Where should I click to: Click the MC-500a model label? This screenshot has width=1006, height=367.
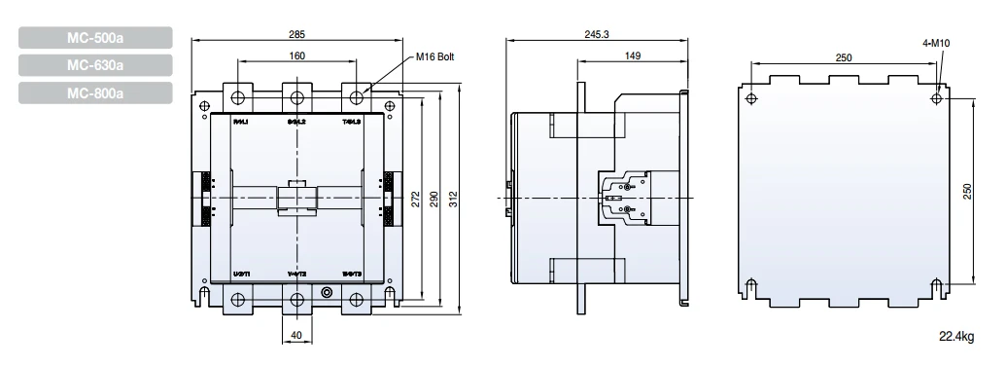[x=95, y=38]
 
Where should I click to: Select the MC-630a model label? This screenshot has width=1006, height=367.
[x=95, y=65]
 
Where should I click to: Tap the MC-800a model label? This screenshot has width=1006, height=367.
[x=95, y=92]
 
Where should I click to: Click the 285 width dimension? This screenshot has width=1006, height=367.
[x=295, y=34]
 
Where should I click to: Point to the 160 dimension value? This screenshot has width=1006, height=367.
[x=297, y=56]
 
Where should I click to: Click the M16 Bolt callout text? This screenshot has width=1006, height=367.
[x=434, y=56]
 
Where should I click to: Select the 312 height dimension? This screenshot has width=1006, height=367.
[x=453, y=199]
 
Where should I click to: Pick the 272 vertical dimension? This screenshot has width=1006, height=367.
[x=415, y=199]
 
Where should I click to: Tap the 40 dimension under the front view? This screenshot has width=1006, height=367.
[x=297, y=333]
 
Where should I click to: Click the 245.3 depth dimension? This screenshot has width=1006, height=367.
[x=597, y=34]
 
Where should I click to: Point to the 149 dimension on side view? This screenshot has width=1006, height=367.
[x=632, y=56]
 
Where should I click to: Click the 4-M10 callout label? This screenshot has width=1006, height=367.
[x=936, y=44]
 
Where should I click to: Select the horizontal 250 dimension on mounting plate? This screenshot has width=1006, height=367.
[x=844, y=58]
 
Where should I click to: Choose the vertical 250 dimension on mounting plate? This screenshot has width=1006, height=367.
[x=967, y=192]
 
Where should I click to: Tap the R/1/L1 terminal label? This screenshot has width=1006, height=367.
[x=241, y=122]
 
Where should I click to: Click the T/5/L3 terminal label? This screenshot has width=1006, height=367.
[x=352, y=122]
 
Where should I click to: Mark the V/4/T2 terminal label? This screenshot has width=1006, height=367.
[x=296, y=274]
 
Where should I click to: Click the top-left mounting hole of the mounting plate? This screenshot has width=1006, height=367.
[x=752, y=99]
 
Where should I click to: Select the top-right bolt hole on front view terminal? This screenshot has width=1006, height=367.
[x=358, y=97]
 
